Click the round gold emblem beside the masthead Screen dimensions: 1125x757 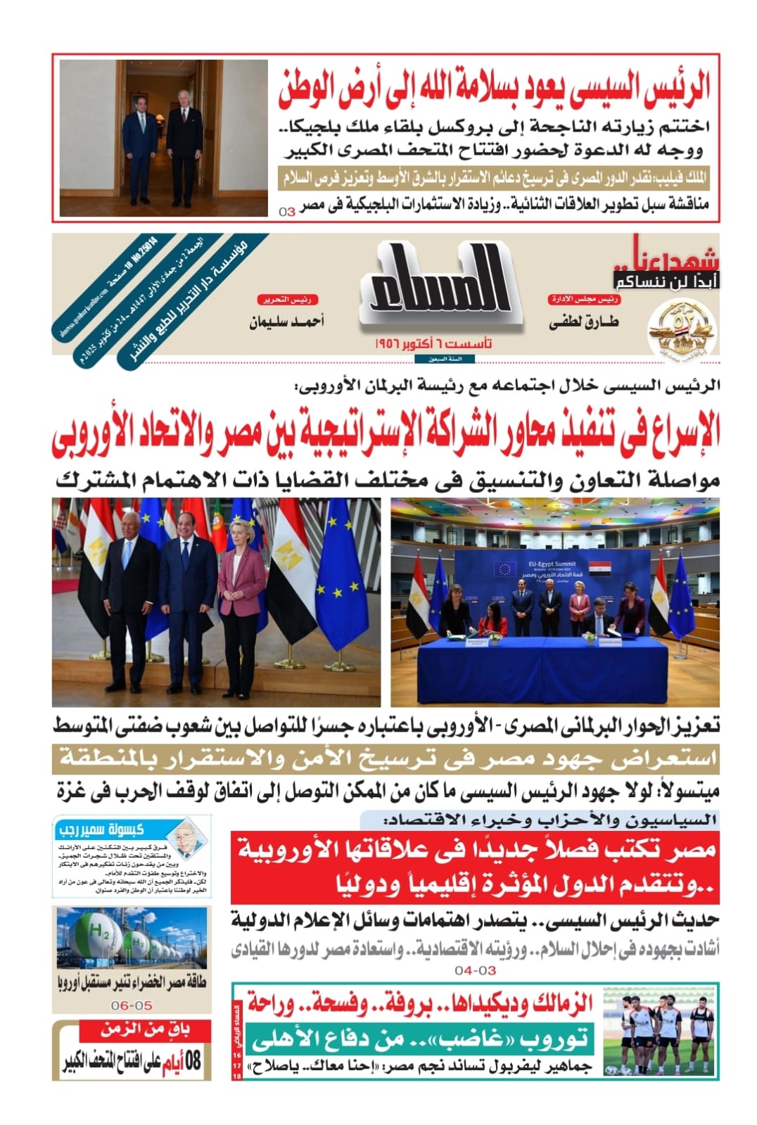click(680, 329)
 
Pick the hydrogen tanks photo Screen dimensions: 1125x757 click(132, 936)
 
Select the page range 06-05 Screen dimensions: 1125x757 click(132, 1005)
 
